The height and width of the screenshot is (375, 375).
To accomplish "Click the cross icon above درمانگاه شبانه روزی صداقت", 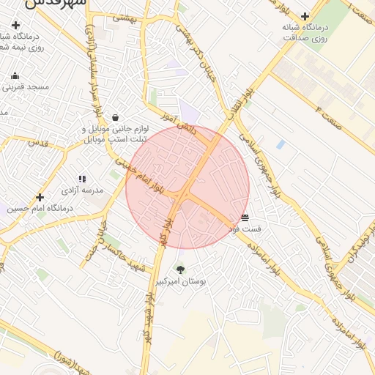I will tap(305, 15).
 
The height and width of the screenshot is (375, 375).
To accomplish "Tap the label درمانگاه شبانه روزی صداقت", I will tap(305, 31).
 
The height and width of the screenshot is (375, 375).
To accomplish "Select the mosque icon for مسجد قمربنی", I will tap(15, 75).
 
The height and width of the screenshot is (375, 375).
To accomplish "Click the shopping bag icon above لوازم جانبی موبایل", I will tap(116, 117).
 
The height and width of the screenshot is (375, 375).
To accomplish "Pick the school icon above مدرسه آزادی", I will tap(82, 178).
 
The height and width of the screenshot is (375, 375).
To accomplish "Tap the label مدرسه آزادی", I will tap(82, 190).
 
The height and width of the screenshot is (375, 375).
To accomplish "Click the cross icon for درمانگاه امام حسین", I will tap(40, 197).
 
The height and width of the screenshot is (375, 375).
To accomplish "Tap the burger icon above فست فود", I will tap(245, 218).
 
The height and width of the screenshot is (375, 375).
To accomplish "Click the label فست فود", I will tap(245, 230).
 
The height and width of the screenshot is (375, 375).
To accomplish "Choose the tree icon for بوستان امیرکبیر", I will tap(180, 269).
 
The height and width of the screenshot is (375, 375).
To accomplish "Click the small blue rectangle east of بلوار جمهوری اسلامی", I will tap(281, 145).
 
